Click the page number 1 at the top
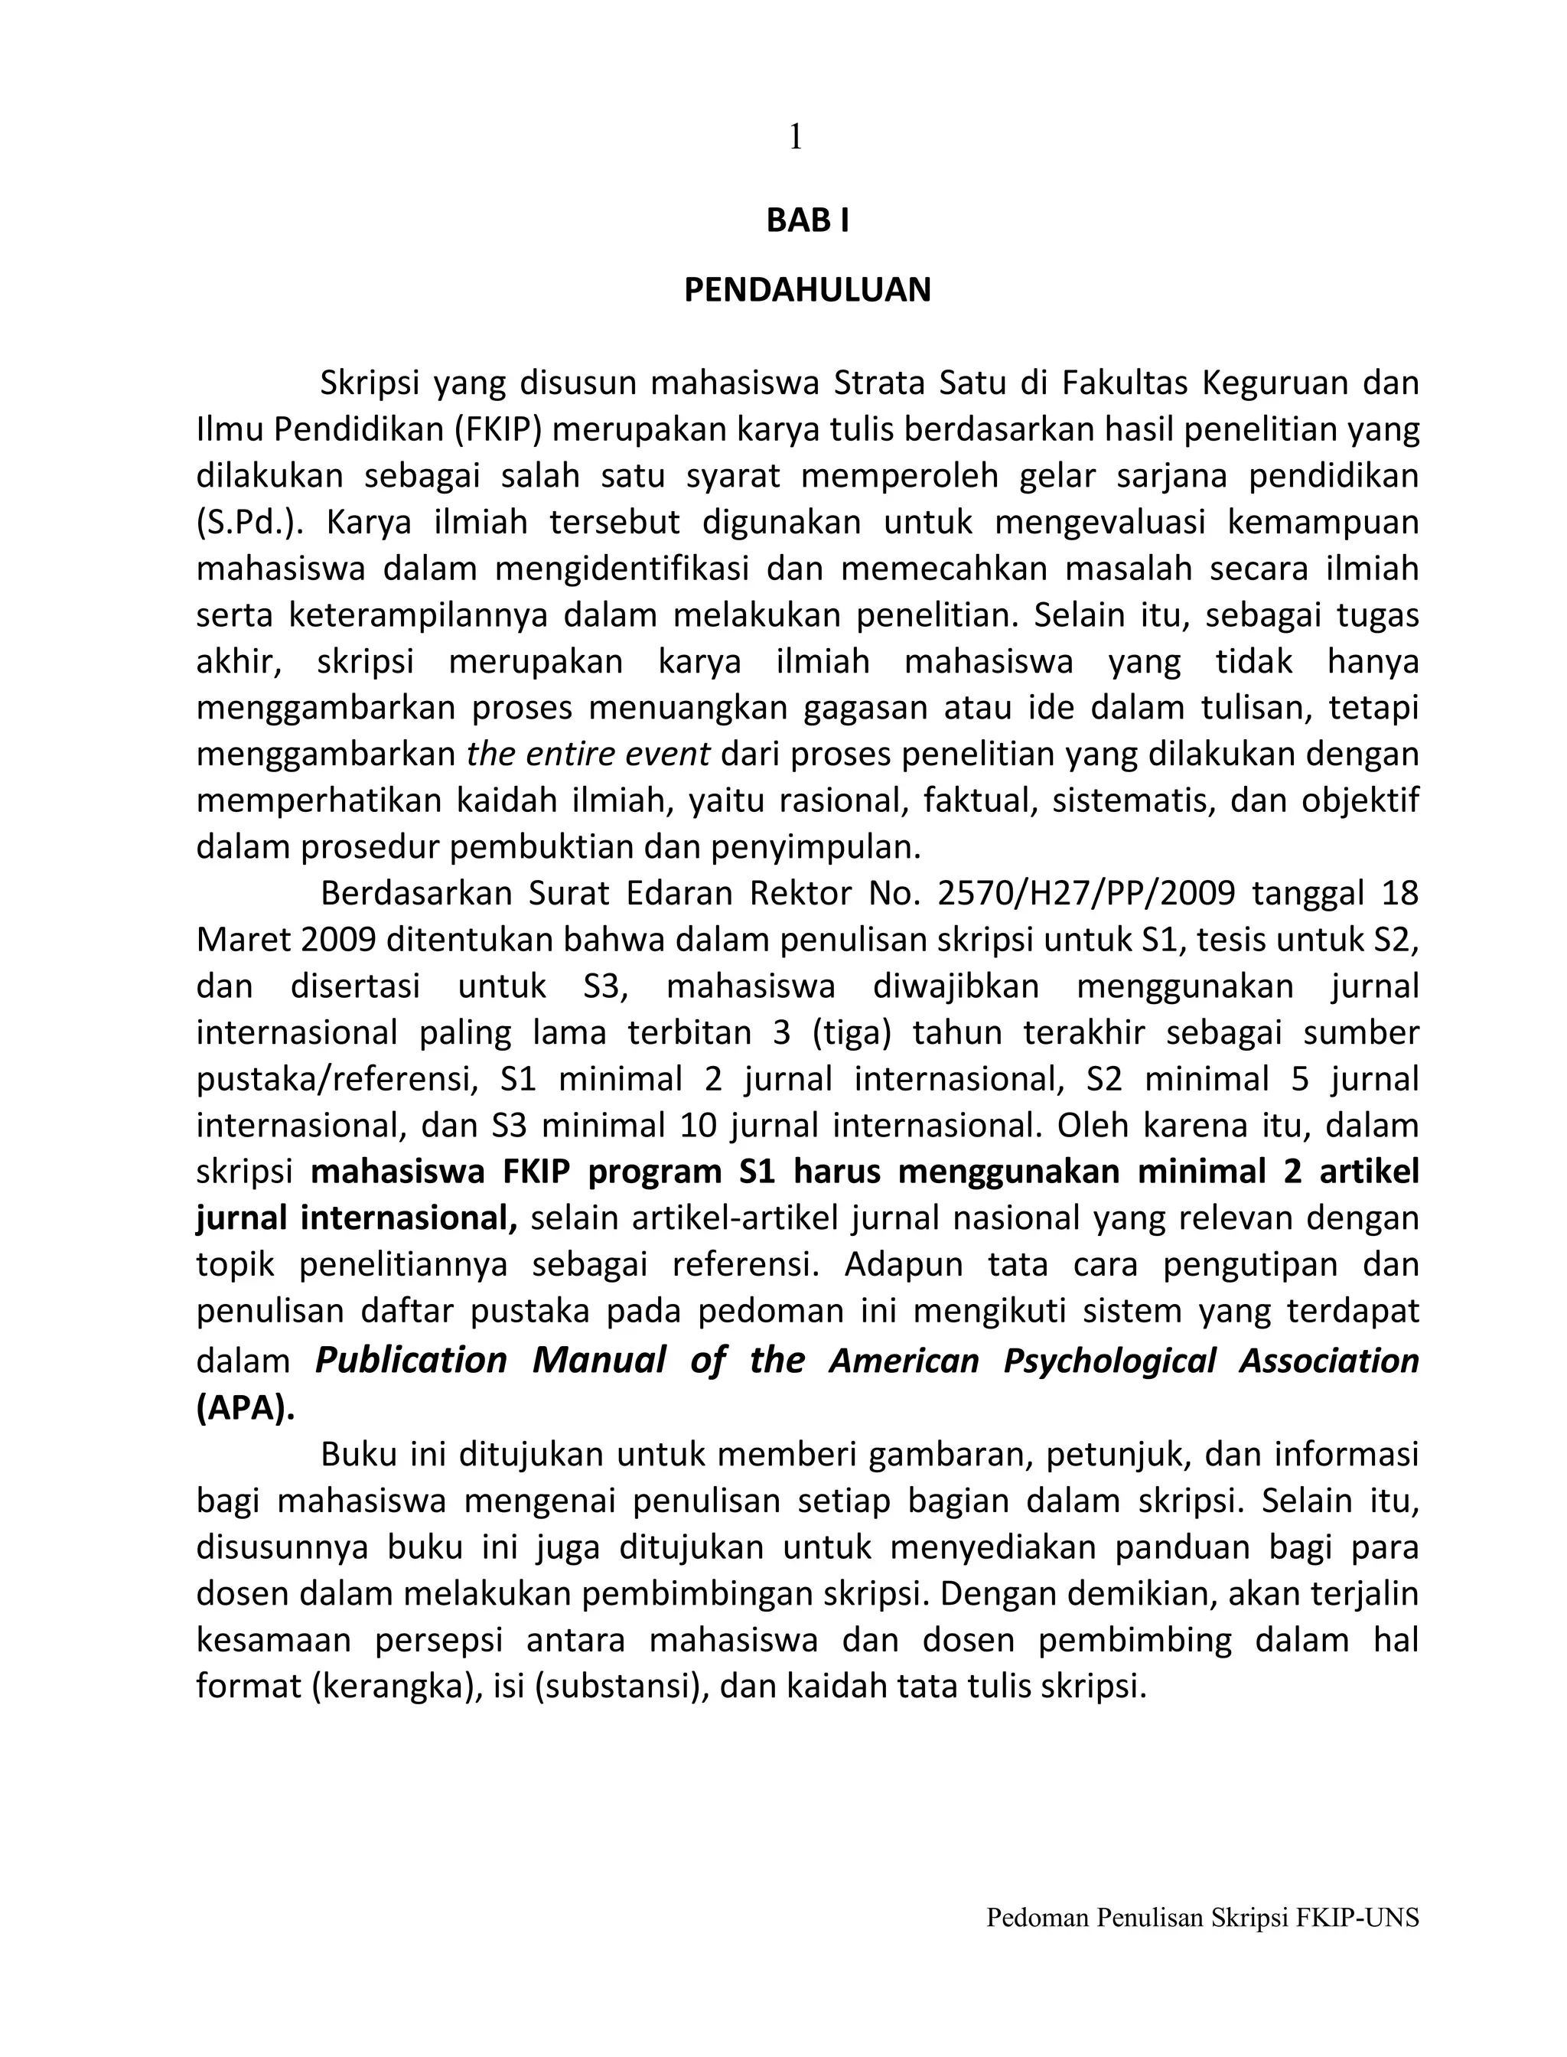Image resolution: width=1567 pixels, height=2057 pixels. pos(795,138)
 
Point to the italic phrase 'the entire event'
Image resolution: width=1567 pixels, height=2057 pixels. pos(588,755)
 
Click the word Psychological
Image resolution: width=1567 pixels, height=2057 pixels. pos(1109,1361)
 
